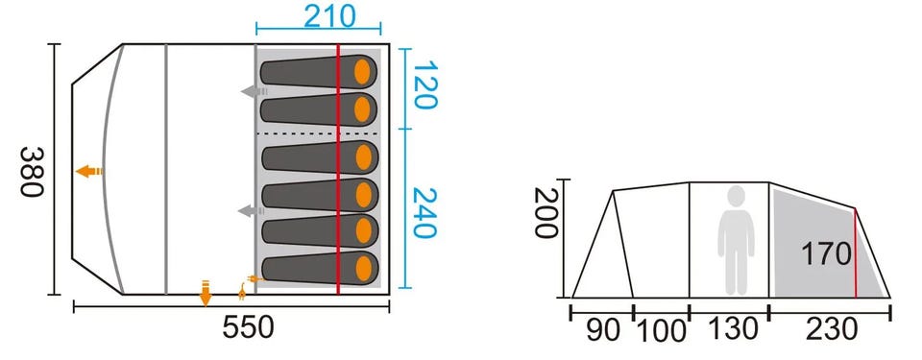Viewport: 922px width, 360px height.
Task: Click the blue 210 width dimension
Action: click(329, 16)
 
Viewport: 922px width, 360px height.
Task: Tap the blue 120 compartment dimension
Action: click(425, 84)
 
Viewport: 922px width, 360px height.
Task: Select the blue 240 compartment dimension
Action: click(425, 212)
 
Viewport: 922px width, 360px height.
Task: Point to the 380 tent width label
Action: click(33, 172)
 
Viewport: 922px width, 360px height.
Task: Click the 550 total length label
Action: click(248, 327)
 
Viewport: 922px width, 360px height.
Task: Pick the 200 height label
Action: click(546, 212)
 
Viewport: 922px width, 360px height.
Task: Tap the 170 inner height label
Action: click(826, 254)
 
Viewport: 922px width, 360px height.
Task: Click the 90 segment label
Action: click(603, 330)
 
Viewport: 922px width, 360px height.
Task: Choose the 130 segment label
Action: click(733, 329)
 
